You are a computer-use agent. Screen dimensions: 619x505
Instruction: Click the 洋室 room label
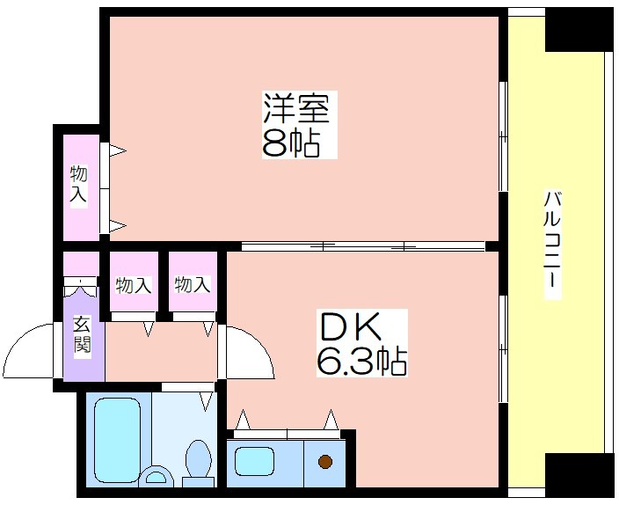pos(296,107)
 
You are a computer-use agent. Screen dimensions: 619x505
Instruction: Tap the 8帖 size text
pos(290,143)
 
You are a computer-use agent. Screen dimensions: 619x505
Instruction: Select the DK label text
pos(351,326)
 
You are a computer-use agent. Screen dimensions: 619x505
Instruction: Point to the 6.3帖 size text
pos(361,361)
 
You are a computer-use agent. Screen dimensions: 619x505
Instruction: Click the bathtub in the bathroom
pos(118,439)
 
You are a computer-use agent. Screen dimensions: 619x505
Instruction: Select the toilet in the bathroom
pos(199,464)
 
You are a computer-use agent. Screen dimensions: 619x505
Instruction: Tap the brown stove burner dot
pos(325,461)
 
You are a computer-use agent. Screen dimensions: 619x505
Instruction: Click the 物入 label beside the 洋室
pos(78,185)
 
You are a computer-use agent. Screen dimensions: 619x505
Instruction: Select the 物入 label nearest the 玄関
pos(134,285)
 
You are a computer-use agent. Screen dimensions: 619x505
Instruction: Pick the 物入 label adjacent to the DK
pos(193,284)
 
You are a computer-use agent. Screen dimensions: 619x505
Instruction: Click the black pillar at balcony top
pos(580,30)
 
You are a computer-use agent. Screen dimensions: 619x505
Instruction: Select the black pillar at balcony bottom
pos(580,474)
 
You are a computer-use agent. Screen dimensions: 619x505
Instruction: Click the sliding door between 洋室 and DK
pos(363,246)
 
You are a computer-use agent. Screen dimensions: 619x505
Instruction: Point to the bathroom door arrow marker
pos(205,400)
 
